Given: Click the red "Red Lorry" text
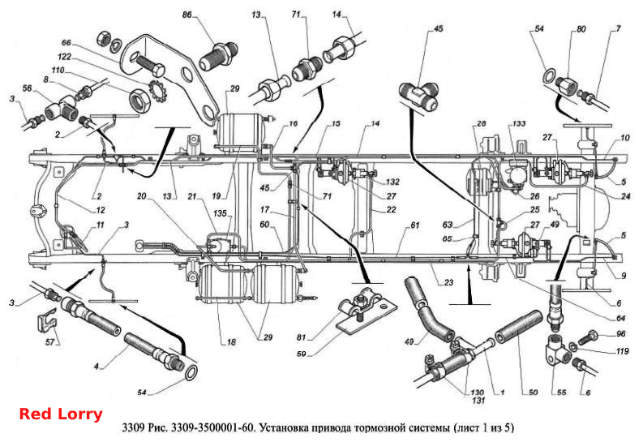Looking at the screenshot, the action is click(61, 414).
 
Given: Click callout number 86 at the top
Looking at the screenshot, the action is click(187, 15).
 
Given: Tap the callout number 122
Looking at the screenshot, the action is click(64, 57).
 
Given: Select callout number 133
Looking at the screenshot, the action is click(519, 124).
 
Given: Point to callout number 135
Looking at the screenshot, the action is click(220, 213).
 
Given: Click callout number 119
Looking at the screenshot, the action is click(622, 351).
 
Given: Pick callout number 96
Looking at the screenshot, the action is click(621, 334).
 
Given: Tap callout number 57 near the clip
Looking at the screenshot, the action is click(50, 342).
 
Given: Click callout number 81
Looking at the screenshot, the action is click(302, 337).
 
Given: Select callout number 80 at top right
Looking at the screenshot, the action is click(581, 29).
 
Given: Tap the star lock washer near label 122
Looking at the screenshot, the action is click(156, 91).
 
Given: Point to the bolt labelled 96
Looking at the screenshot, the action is click(587, 337).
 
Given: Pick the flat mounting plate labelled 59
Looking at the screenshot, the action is click(367, 315).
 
